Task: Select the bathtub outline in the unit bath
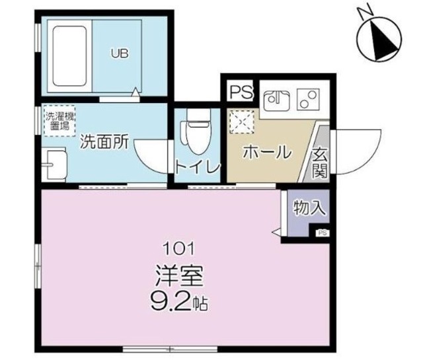pos(71,57)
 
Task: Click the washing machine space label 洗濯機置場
pos(59,120)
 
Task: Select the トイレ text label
pos(197,168)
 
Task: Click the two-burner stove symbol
pos(307,100)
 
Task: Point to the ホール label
pos(267,153)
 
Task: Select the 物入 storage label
pos(309,209)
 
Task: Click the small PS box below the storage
pos(322,233)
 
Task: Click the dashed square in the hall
pos(239,121)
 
